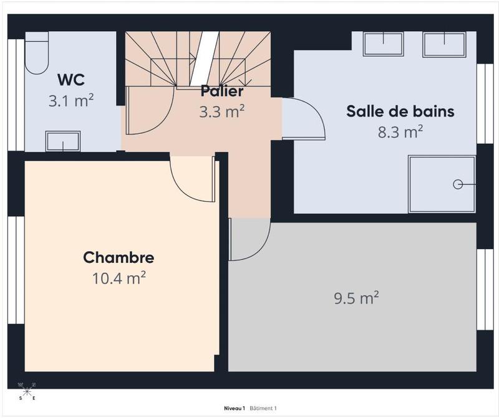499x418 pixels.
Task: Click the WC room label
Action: [71, 80]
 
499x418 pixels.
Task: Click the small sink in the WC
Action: [62, 141]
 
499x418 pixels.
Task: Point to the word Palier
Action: [221, 92]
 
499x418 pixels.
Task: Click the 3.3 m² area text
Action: [221, 112]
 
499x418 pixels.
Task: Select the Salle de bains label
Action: [400, 112]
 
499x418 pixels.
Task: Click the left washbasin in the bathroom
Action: [383, 44]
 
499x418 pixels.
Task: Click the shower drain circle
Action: [458, 184]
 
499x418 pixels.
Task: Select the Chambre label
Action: [119, 257]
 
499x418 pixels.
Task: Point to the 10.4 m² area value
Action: [119, 278]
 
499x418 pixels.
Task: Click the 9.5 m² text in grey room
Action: [357, 298]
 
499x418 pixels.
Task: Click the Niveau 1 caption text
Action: [235, 409]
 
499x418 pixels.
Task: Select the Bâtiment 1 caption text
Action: [263, 409]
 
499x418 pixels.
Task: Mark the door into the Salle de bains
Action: [304, 118]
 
